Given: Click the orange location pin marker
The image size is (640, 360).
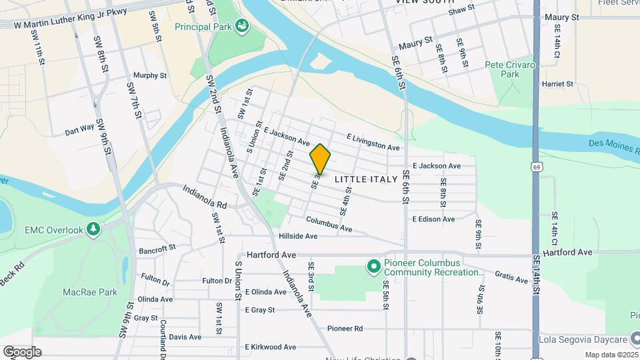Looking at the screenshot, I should point(320,159).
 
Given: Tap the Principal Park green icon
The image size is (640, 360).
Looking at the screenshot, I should point(242,27).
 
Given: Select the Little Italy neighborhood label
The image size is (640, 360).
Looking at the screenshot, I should point(365,179).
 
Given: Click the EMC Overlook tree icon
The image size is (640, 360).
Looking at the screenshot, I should point(94,230).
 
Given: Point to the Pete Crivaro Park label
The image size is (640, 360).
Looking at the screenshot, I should point(511,69).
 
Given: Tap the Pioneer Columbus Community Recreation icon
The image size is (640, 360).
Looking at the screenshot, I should point(374,267).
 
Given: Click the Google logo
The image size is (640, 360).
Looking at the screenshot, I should point(22,352).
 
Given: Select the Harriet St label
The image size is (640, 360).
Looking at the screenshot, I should point(558,84).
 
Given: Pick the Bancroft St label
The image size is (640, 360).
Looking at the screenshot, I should point(157,249).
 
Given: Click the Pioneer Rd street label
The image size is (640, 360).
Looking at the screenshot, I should point(345,329).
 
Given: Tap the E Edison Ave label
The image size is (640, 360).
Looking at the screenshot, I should point(433,219).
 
